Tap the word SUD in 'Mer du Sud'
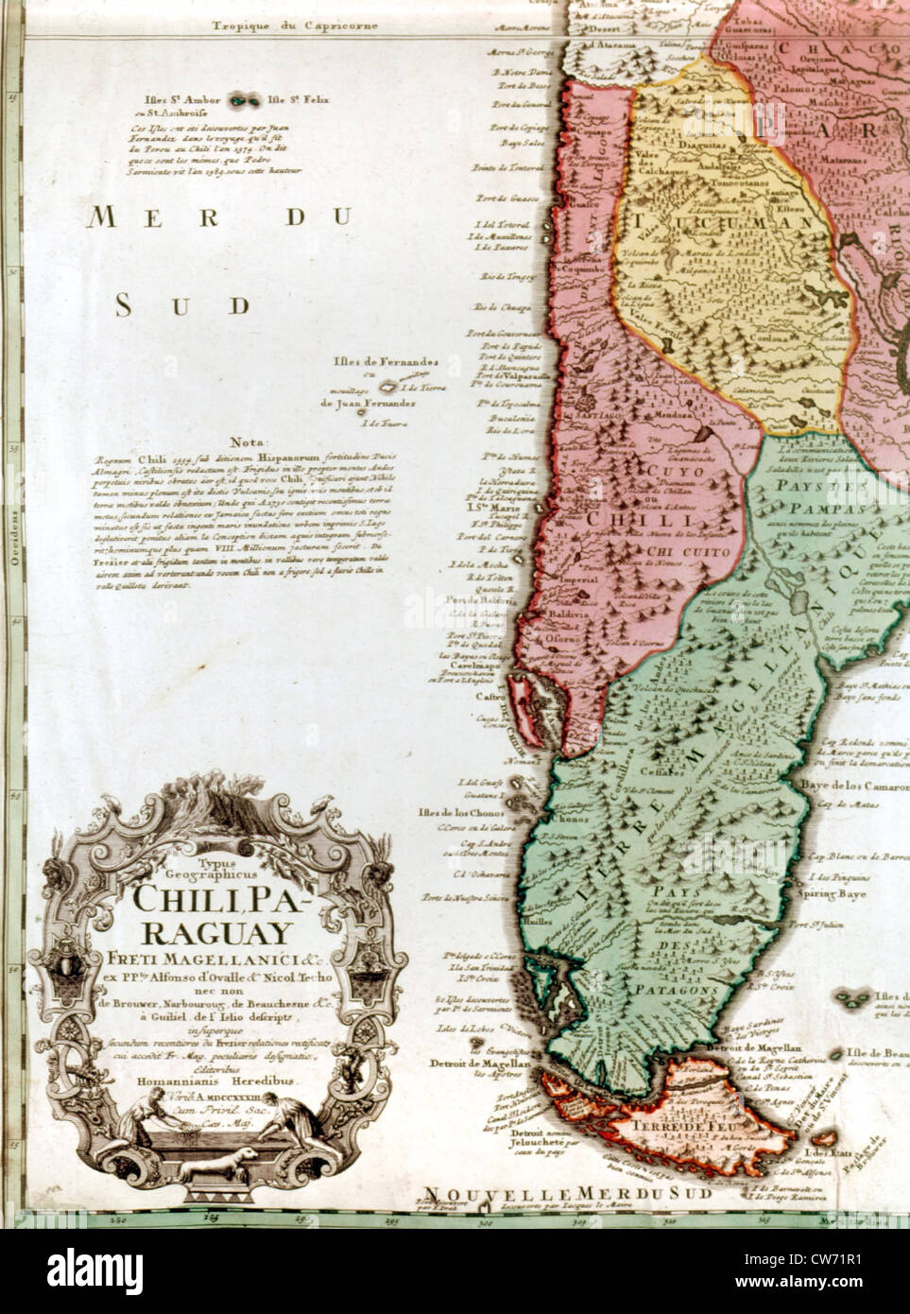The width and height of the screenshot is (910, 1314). tap(184, 304)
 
